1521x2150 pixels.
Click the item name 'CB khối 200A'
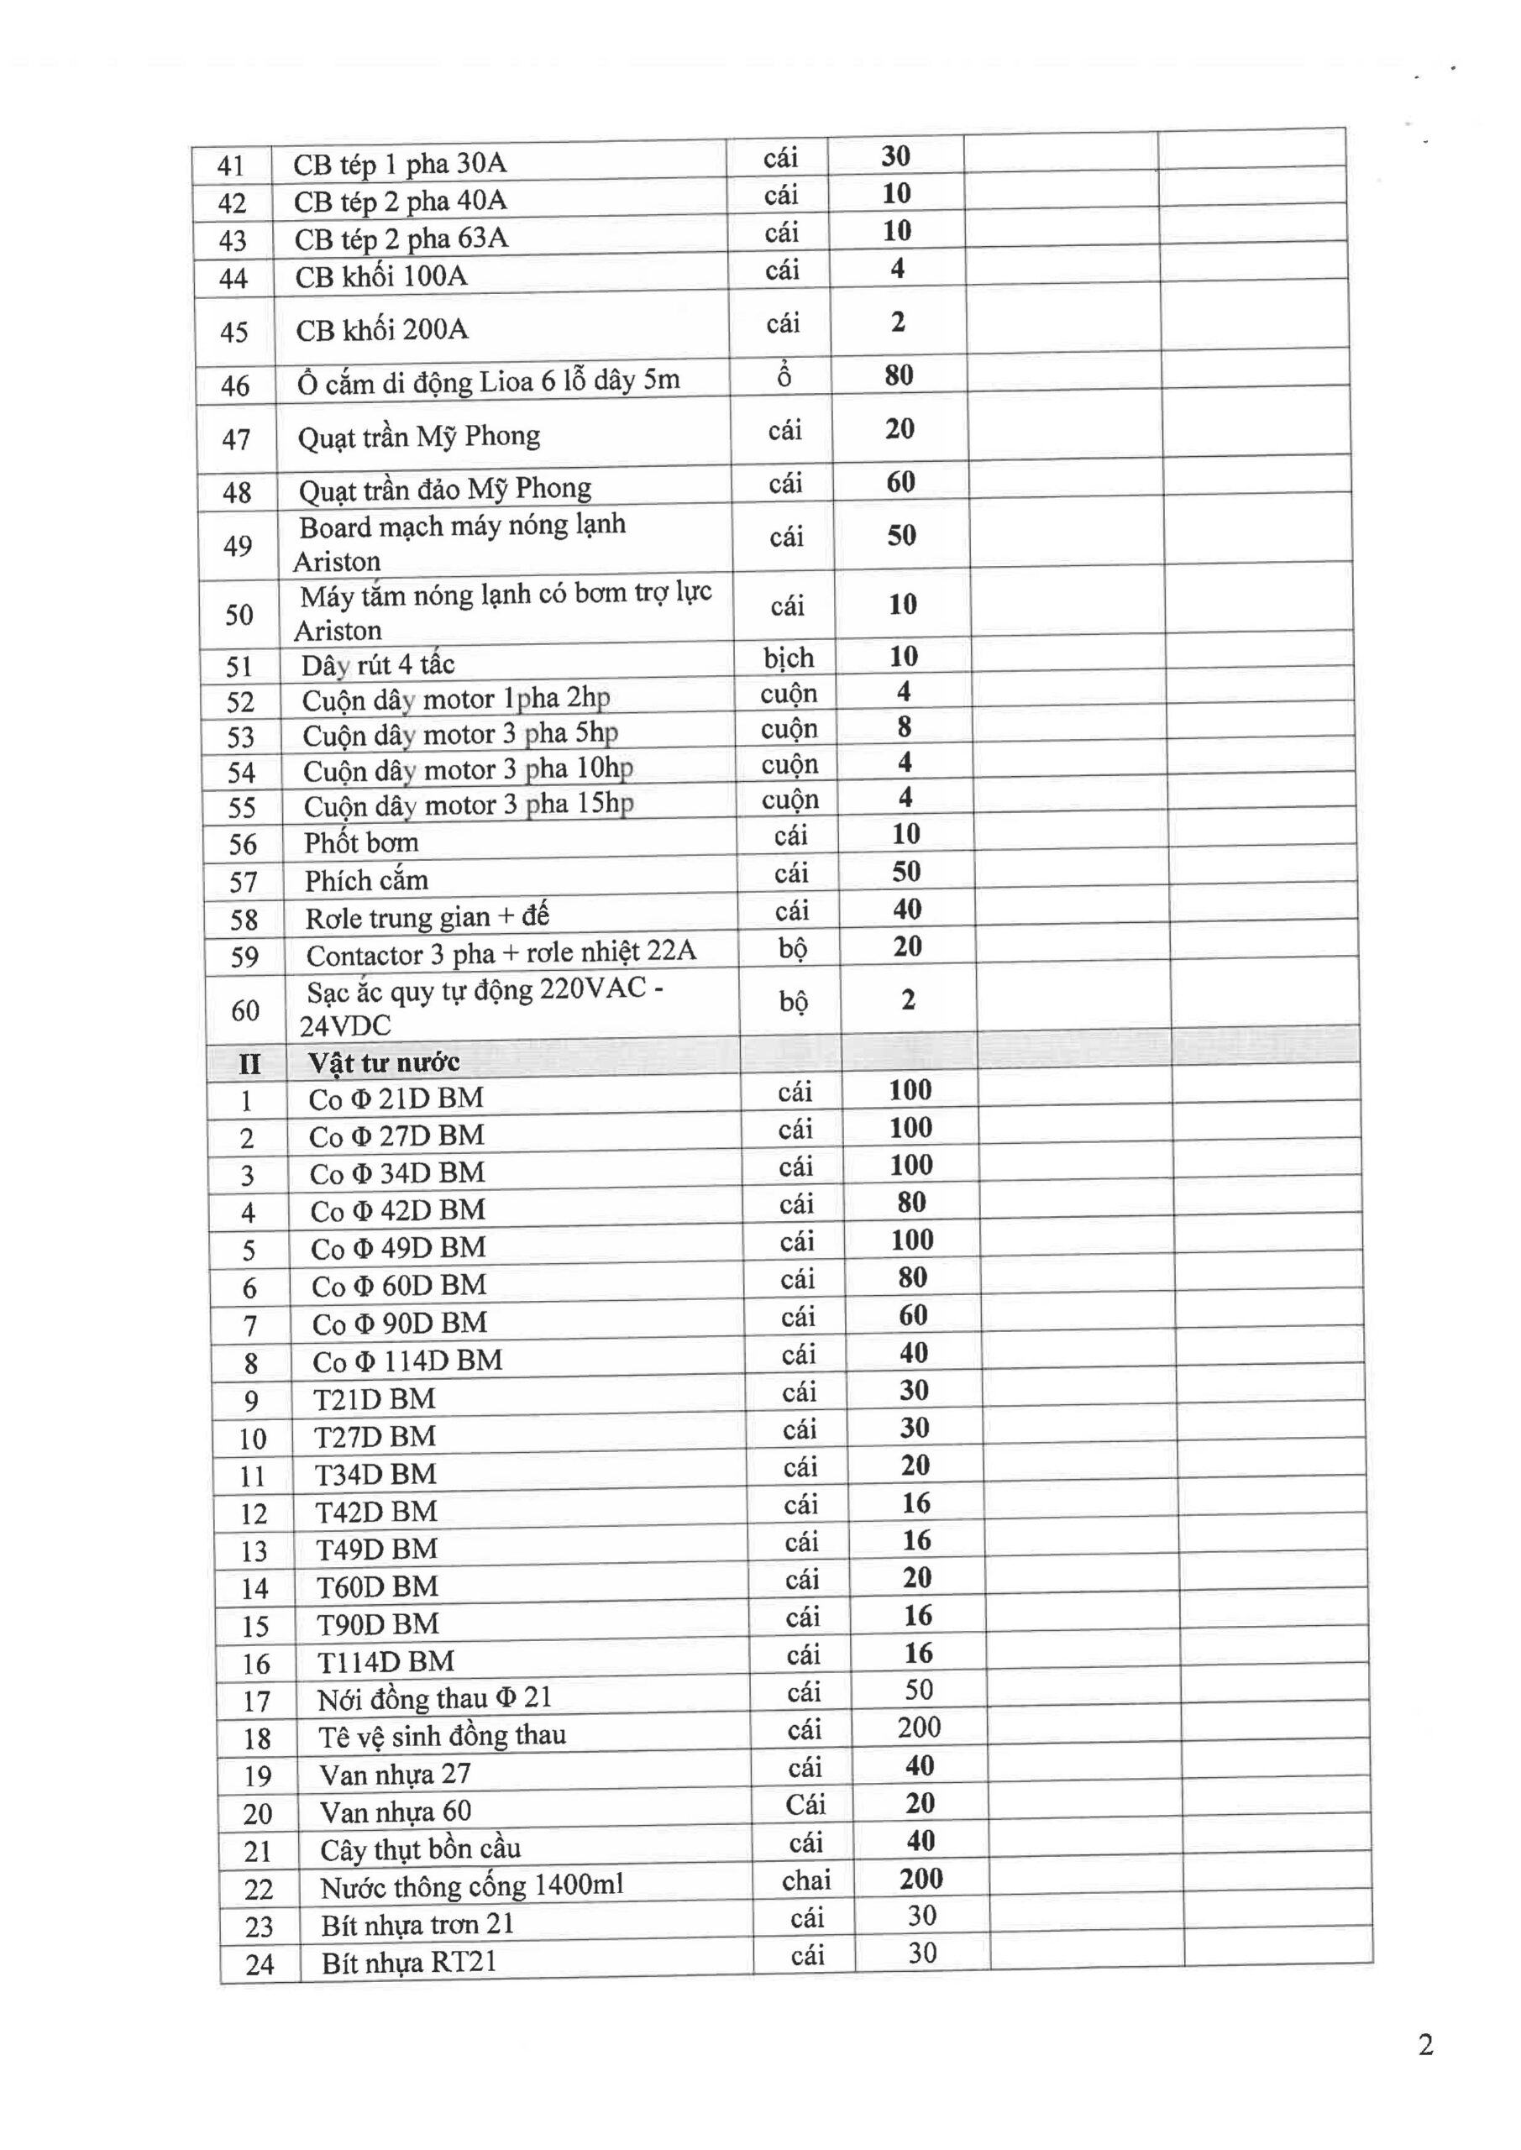(x=381, y=329)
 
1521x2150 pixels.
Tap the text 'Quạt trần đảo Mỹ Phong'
(x=445, y=489)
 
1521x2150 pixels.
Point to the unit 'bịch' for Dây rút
(x=788, y=658)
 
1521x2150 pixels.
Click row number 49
(x=238, y=545)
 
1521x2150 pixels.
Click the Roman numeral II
(x=249, y=1065)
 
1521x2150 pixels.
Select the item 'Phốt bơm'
(x=360, y=842)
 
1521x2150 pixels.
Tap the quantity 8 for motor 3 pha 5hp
(x=904, y=726)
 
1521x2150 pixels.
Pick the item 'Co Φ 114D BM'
(x=407, y=1361)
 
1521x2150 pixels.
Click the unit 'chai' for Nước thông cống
(x=805, y=1880)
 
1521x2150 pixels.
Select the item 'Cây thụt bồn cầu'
(x=420, y=1849)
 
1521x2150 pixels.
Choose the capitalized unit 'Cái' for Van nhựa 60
(x=805, y=1805)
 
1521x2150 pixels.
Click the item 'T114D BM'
(x=385, y=1662)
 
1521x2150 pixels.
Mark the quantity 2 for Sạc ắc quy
(x=909, y=1000)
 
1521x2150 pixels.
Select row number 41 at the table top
(x=230, y=165)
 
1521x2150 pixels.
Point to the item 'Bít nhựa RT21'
(x=408, y=1963)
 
